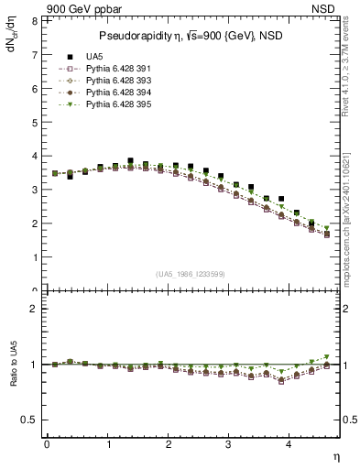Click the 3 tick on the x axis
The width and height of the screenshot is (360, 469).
[x=229, y=444]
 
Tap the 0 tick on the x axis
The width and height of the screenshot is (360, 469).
[x=47, y=444]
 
